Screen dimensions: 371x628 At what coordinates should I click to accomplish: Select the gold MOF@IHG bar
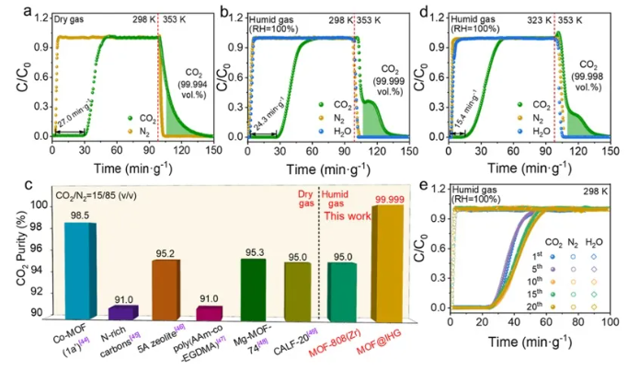[x=384, y=262]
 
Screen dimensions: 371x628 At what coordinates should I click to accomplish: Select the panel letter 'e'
[x=426, y=184]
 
